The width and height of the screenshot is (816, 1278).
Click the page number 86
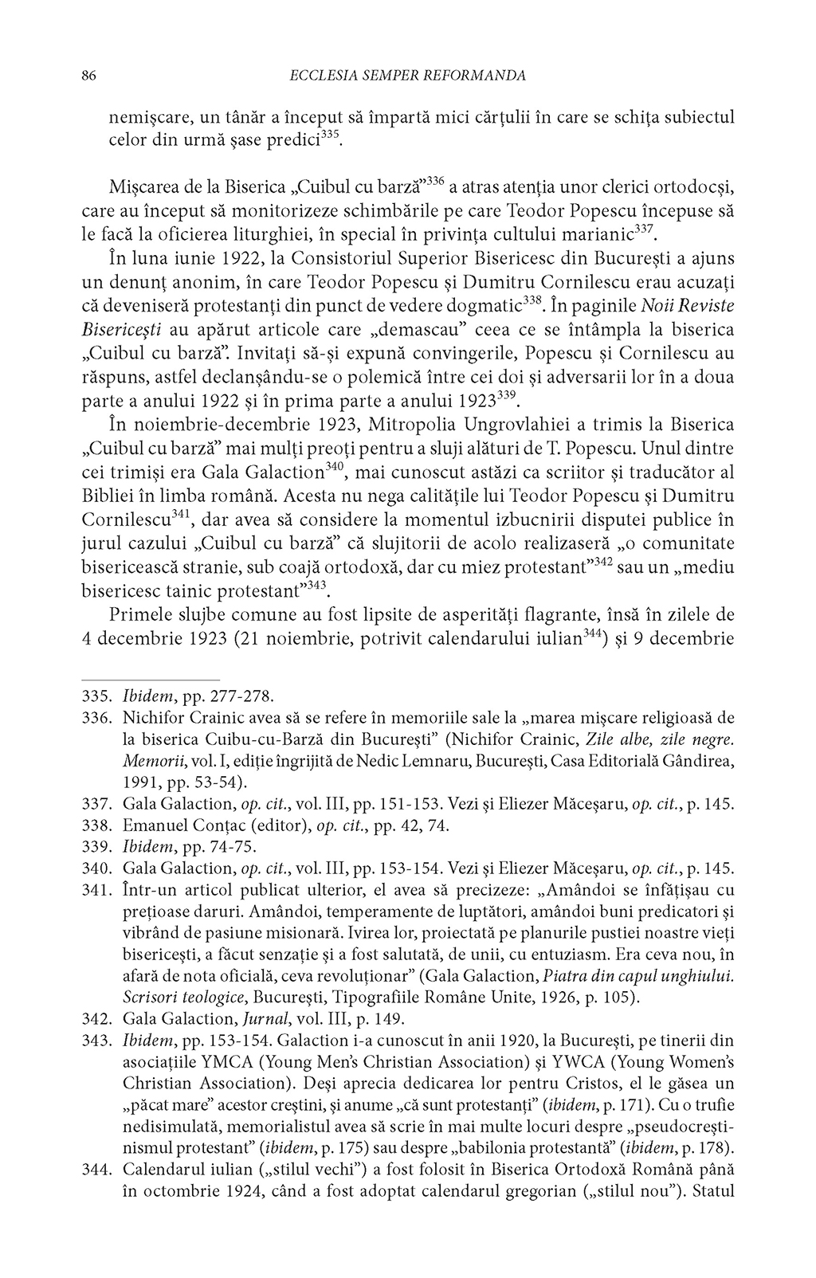click(89, 76)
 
